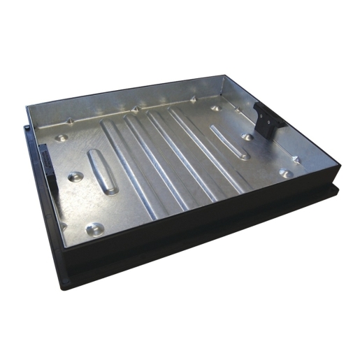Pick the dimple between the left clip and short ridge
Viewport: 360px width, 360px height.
(x=76, y=175)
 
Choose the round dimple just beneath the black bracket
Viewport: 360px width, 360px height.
(x=247, y=137)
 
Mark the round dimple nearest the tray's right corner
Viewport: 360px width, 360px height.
(x=285, y=173)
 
